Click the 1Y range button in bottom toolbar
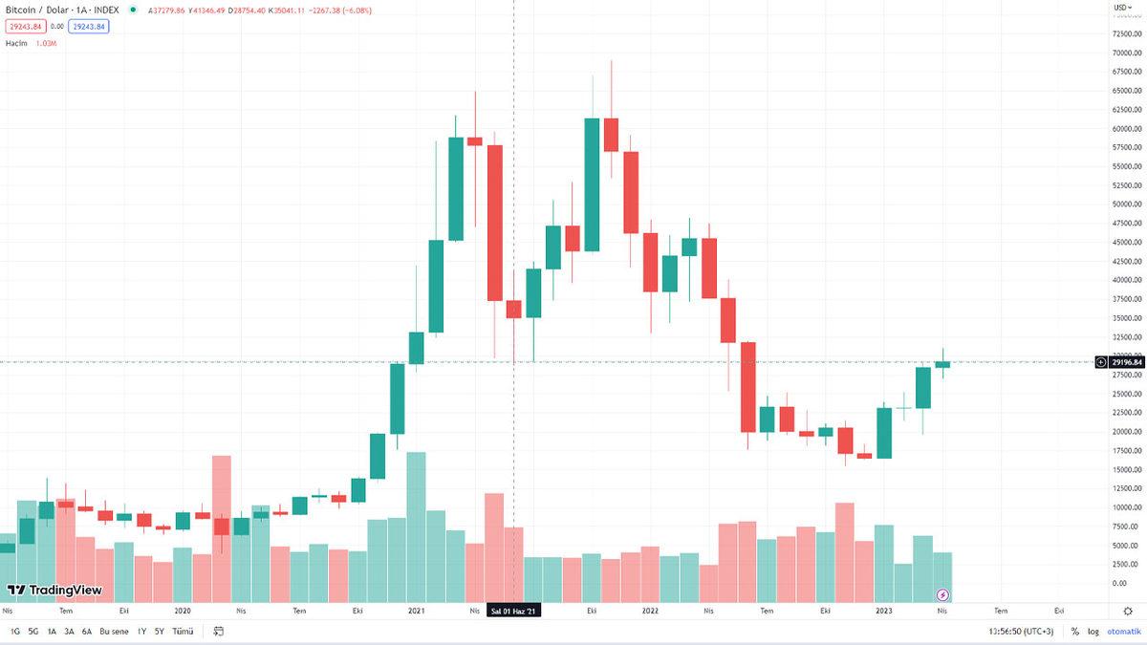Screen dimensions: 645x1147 (141, 631)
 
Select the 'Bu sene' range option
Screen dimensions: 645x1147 (114, 631)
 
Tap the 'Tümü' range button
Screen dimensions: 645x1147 (183, 631)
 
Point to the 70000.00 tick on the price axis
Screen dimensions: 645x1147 (1126, 53)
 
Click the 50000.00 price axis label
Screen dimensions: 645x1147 (1126, 204)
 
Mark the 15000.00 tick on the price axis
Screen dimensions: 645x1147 (1126, 469)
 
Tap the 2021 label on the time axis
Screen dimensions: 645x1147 (416, 610)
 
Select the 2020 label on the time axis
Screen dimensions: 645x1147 (182, 610)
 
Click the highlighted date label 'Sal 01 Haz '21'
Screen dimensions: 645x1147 (514, 610)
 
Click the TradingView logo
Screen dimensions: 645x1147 (54, 591)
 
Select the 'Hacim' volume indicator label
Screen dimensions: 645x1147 (14, 43)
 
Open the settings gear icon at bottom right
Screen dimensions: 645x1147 (1127, 610)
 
